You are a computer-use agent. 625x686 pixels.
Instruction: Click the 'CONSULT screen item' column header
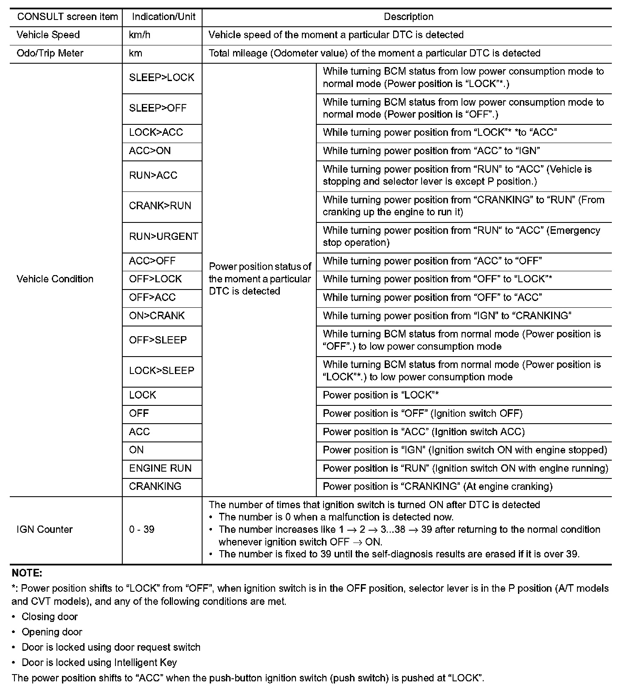68,17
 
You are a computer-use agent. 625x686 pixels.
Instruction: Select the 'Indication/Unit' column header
163,17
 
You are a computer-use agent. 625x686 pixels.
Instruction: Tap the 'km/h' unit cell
140,35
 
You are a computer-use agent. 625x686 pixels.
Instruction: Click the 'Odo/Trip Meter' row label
50,53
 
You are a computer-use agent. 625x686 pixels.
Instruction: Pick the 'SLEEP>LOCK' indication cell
161,78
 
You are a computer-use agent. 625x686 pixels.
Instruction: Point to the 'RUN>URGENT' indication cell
163,236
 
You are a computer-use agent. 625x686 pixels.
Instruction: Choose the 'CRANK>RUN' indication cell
160,206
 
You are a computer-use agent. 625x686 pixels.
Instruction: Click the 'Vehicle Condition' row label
55,279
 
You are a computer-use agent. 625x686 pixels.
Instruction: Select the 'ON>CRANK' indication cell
157,316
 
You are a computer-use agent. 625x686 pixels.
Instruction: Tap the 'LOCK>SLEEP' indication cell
161,371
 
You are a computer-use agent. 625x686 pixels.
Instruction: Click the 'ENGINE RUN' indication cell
160,468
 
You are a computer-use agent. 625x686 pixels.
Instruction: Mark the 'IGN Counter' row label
45,529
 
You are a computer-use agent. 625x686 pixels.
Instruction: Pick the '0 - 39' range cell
141,529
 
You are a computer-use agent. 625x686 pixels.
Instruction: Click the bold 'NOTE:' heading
27,573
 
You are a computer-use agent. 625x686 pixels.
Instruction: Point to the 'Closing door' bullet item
50,617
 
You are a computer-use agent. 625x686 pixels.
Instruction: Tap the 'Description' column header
408,17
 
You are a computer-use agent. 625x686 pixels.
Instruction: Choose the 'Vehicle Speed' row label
48,35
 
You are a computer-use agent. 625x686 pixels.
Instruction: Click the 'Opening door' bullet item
52,632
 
